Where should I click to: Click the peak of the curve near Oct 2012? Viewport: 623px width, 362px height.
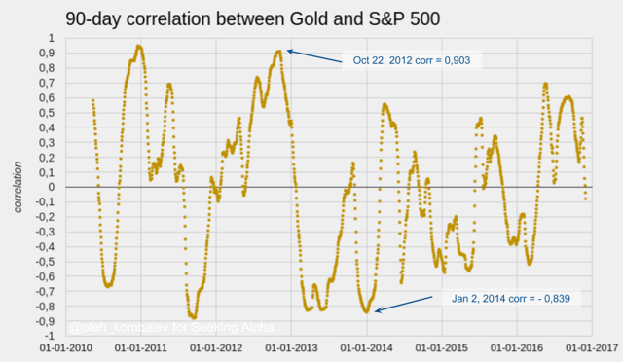[278, 52]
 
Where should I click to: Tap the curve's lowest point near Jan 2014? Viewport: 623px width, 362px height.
[367, 311]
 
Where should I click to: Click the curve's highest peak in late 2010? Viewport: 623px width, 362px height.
[139, 46]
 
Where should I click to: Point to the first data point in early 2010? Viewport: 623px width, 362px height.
[92, 99]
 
